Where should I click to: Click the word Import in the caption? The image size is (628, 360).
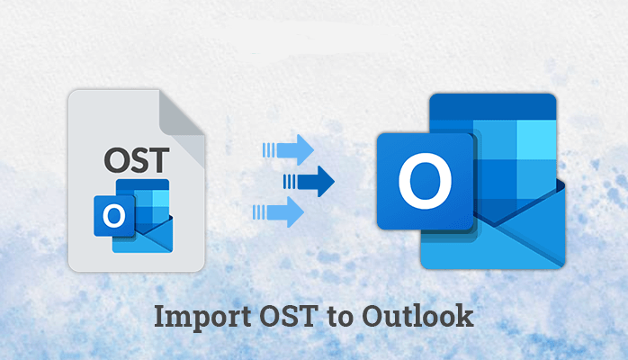(202, 318)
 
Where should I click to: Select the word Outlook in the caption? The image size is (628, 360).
(417, 316)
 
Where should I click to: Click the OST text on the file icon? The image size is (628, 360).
(137, 160)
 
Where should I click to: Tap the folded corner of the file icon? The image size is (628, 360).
(181, 114)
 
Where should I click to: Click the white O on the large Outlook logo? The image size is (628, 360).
(425, 181)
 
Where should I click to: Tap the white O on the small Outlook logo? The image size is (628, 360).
(114, 216)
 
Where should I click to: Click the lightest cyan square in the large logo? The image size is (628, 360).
(536, 139)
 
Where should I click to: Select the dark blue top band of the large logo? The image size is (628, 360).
(493, 106)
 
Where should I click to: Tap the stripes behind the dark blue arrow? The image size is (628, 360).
(290, 182)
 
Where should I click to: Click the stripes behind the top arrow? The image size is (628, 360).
(269, 150)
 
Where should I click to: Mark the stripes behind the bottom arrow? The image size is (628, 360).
(259, 212)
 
